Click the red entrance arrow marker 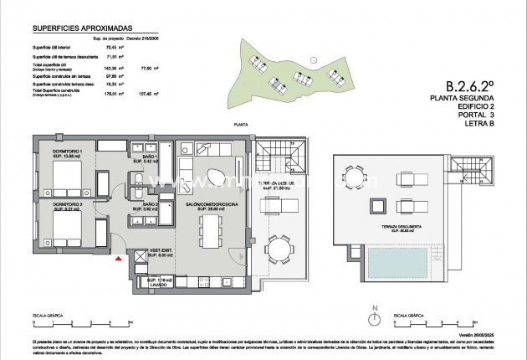point(118,260)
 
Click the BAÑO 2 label point(151,206)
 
